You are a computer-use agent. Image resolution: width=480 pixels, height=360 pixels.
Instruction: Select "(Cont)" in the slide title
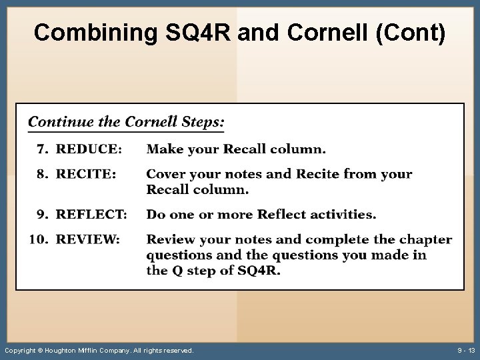coord(411,33)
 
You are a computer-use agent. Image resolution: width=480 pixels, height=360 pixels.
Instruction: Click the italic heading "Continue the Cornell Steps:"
coord(126,122)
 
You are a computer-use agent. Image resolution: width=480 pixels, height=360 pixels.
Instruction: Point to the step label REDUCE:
coord(89,149)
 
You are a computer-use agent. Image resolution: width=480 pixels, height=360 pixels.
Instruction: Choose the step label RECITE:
coord(86,174)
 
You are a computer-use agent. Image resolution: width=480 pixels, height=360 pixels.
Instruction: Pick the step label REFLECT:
coord(91,214)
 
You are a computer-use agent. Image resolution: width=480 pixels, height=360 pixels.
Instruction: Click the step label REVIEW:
coord(88,239)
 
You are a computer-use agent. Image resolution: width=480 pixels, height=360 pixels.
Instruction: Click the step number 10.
coord(38,239)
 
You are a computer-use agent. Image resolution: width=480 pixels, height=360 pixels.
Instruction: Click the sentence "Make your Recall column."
coord(236,149)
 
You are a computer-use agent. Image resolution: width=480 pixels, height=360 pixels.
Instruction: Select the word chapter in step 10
coord(425,239)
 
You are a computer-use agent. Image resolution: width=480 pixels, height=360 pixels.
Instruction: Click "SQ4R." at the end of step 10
coord(259,271)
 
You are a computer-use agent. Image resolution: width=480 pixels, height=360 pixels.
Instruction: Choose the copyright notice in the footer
coord(99,350)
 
